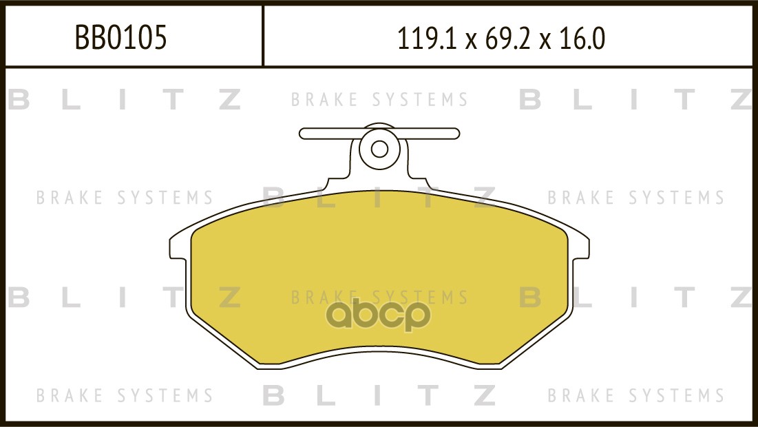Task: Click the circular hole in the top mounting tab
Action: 379,149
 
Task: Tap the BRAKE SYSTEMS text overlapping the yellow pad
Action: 379,298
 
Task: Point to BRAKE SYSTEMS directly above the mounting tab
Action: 379,100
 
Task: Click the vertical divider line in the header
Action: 263,36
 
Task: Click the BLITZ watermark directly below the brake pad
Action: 379,395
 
